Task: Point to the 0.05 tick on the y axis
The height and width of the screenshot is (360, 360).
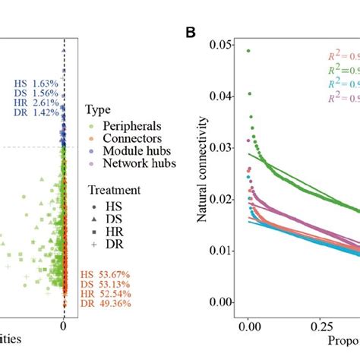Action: click(225, 47)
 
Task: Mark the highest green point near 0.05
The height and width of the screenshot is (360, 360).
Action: click(249, 51)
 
